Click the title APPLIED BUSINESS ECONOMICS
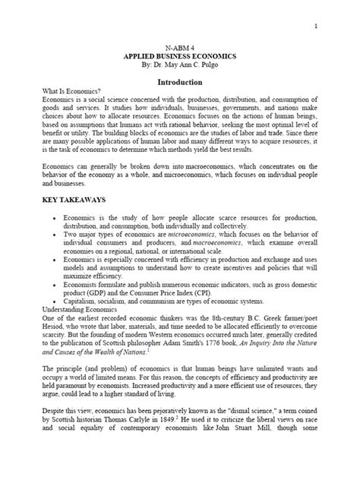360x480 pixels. point(179,58)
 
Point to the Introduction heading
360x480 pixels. point(179,81)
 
